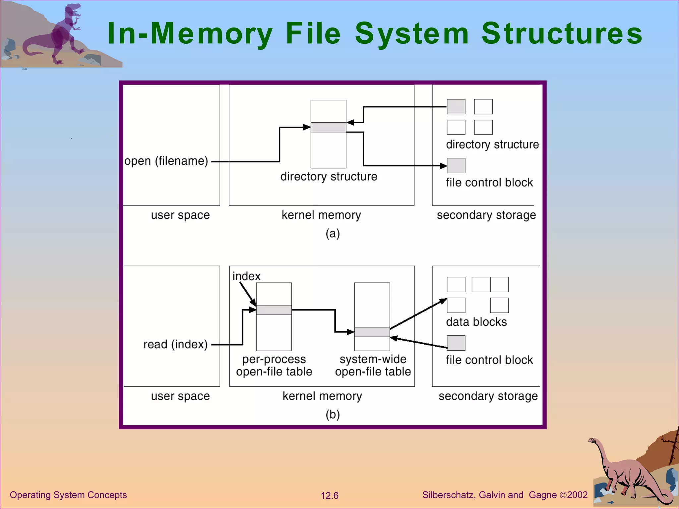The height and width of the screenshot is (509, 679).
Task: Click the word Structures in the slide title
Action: [x=562, y=33]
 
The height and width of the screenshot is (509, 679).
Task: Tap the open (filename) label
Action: [x=166, y=161]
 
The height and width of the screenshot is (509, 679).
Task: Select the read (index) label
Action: [x=175, y=344]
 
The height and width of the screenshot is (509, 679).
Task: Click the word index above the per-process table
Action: [x=246, y=276]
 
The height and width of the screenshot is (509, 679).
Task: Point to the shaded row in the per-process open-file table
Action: [x=274, y=310]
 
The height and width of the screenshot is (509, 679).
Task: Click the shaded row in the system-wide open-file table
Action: [x=372, y=332]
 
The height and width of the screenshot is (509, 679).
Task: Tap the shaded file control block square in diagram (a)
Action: [x=456, y=165]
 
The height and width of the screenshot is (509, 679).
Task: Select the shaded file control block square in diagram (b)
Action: [x=456, y=343]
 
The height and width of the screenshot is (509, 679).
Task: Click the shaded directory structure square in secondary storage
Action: [x=456, y=107]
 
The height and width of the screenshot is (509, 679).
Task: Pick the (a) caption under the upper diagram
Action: [x=333, y=234]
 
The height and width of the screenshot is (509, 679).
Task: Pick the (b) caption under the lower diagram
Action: [x=333, y=415]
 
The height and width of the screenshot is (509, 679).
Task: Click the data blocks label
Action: [x=476, y=322]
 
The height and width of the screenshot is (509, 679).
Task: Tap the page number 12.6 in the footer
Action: [x=330, y=495]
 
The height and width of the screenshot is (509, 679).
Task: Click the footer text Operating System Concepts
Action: [x=68, y=495]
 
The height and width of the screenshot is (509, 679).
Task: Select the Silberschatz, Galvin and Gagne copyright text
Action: [x=505, y=495]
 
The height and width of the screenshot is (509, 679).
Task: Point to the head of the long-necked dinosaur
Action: [x=592, y=441]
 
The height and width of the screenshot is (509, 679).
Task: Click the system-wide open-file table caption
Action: [x=373, y=366]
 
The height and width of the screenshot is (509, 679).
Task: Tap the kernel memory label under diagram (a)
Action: [x=321, y=215]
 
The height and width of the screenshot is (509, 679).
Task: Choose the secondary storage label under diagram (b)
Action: [x=488, y=396]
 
